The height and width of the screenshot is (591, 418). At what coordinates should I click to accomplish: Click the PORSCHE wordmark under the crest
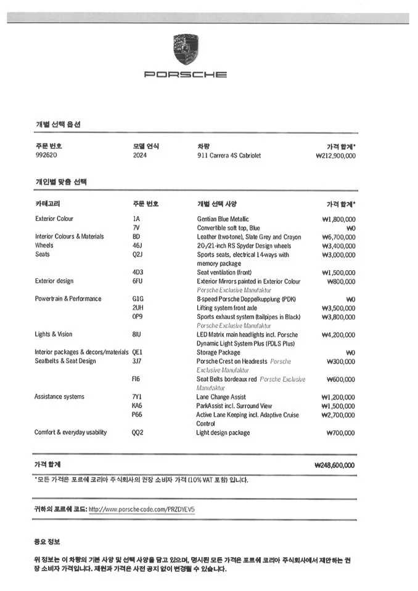(185, 74)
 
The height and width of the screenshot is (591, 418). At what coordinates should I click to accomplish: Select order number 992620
(46, 156)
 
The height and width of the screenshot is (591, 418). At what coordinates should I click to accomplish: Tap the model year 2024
(140, 156)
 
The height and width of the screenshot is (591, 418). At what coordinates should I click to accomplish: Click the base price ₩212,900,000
(335, 156)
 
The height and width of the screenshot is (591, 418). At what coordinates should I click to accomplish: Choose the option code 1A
(136, 219)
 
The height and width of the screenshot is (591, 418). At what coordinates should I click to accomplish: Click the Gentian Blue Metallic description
(223, 219)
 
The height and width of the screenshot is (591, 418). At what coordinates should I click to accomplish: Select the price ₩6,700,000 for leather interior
(338, 236)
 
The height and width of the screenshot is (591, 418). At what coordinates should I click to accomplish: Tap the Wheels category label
(44, 245)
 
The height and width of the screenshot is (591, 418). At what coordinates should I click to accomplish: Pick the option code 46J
(137, 245)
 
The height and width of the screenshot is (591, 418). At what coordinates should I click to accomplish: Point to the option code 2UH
(138, 308)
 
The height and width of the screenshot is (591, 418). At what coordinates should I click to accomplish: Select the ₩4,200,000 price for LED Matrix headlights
(338, 334)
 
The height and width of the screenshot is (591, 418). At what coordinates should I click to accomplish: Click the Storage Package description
(219, 352)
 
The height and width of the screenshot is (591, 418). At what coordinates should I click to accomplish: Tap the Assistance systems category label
(59, 397)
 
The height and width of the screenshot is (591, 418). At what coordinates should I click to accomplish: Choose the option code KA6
(137, 406)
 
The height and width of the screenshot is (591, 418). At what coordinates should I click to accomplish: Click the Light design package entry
(223, 433)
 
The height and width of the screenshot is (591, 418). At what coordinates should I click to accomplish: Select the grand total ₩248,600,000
(334, 465)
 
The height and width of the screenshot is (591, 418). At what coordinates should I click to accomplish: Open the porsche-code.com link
(142, 509)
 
